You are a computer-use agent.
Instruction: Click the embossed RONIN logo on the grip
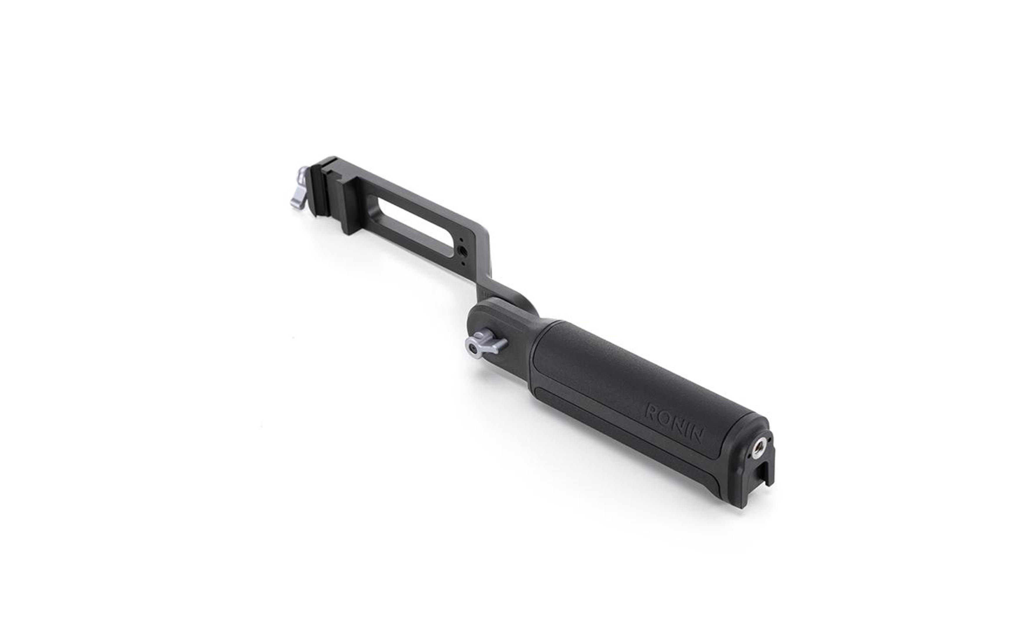click(x=674, y=423)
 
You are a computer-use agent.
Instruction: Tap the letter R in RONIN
click(x=651, y=411)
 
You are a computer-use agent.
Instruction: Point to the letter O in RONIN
click(x=664, y=417)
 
